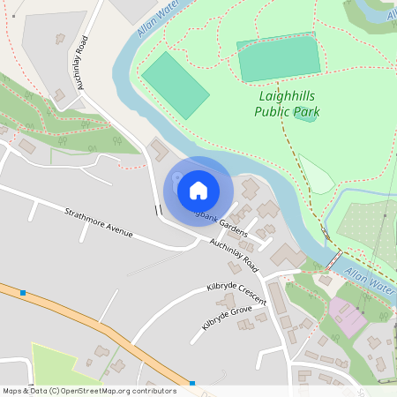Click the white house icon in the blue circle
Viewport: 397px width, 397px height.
click(198, 189)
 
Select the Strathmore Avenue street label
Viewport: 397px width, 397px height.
click(98, 222)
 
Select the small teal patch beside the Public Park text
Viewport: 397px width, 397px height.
click(305, 116)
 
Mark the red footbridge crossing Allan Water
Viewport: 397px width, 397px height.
click(333, 262)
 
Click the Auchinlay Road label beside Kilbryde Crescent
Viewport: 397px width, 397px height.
click(233, 253)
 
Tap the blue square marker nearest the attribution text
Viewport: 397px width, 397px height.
click(191, 383)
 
